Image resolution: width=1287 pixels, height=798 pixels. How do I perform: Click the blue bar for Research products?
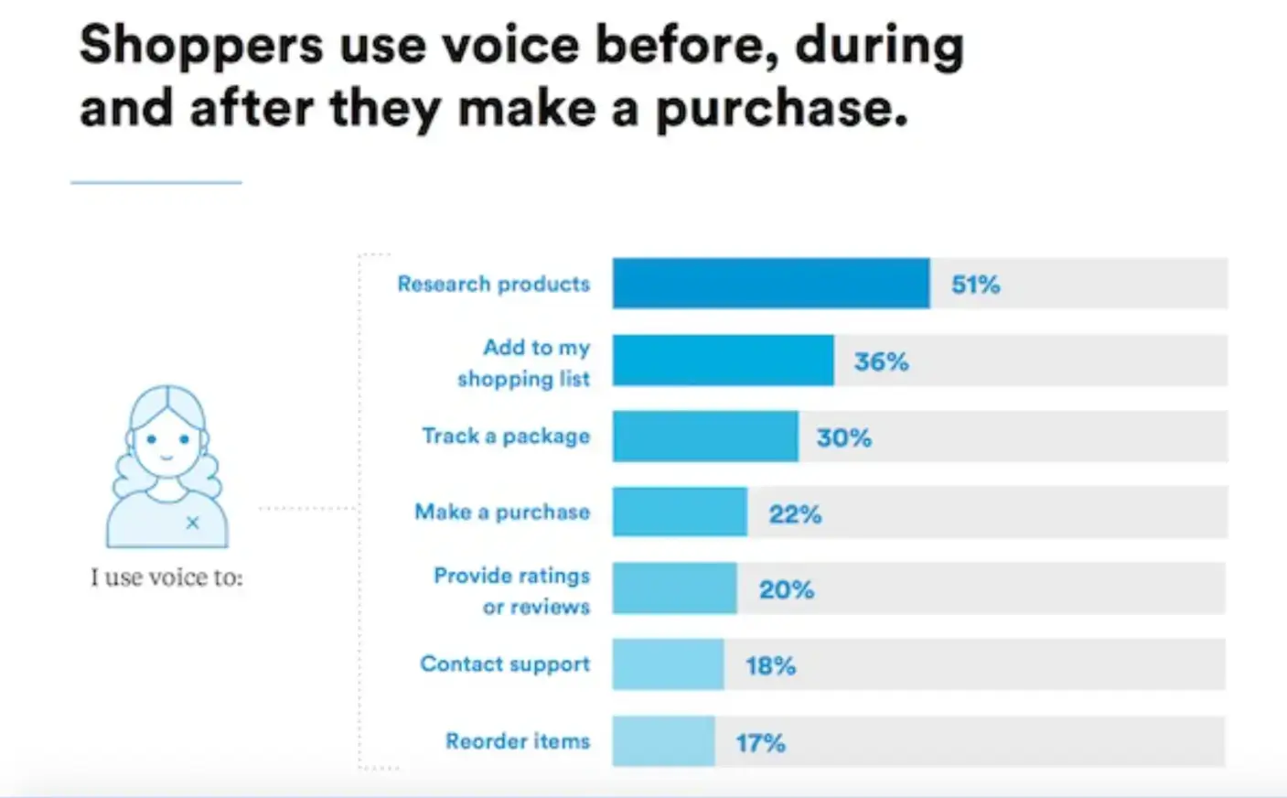770,284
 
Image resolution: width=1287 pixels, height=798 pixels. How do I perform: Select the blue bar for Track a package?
704,437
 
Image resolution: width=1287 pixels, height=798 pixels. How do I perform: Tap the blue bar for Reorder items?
663,741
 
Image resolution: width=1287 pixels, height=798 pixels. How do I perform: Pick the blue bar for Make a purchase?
679,512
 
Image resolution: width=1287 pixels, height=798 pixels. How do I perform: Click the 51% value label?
975,285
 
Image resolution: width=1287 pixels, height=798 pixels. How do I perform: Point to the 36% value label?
881,361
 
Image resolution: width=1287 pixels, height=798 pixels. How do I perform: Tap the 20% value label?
786,589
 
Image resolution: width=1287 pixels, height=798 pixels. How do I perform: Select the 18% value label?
770,665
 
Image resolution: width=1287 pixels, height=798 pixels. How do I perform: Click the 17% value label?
760,742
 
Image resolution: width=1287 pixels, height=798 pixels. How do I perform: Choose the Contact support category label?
505,664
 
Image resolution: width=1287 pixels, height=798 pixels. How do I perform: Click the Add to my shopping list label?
524,362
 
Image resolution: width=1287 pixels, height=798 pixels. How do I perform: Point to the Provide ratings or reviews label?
512,590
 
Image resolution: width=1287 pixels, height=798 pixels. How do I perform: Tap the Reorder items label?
518,741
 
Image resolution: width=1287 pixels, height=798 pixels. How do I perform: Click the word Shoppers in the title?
201,46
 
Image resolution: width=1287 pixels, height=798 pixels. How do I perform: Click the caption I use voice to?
166,577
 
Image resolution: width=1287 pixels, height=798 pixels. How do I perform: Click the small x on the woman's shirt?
192,523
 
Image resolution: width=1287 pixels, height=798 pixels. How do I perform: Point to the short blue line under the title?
156,183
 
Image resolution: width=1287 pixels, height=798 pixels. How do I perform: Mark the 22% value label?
795,514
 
